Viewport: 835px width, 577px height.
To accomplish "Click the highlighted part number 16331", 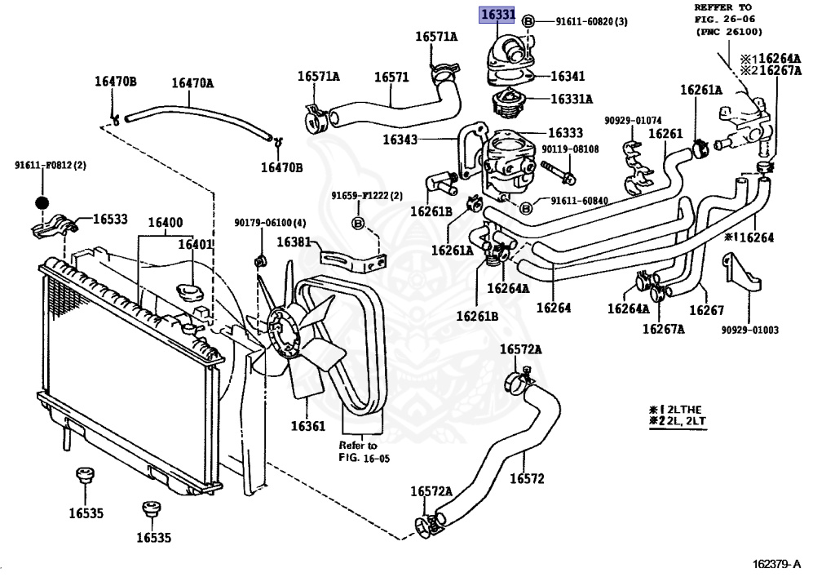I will [497, 16].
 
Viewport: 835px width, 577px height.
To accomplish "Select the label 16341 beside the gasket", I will [568, 76].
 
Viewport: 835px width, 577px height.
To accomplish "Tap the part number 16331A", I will [571, 99].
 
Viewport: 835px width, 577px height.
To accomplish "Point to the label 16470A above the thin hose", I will [192, 82].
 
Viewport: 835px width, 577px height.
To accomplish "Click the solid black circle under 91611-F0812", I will [43, 202].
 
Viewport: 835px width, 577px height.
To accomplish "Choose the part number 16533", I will [110, 219].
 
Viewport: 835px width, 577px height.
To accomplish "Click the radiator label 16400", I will [165, 222].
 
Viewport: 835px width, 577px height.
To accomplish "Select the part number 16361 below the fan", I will [307, 426].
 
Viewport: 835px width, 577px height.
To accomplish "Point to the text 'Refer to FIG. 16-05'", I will [359, 452].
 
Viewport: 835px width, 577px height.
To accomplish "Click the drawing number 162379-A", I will [776, 564].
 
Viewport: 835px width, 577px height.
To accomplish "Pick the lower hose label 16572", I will [527, 478].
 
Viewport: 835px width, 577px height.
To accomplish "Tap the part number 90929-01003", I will [749, 330].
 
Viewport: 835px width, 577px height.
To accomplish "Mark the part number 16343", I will [400, 140].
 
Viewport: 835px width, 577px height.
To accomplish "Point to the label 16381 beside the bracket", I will [293, 242].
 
